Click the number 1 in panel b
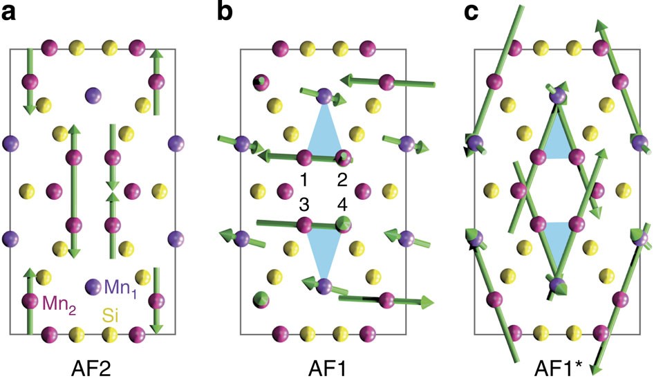click(x=303, y=181)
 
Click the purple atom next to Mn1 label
click(x=93, y=285)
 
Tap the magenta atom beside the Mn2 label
click(x=29, y=301)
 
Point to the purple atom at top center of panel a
click(x=93, y=95)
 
